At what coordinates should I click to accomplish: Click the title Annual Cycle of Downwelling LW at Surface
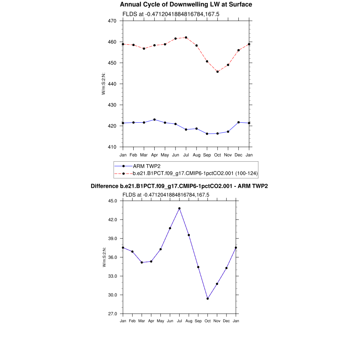(x=186, y=5)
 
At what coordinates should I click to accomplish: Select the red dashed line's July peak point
(x=186, y=37)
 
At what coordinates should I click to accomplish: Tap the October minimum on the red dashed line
(x=218, y=72)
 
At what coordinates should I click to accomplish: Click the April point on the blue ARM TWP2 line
(x=154, y=120)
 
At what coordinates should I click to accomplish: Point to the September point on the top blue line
(x=207, y=134)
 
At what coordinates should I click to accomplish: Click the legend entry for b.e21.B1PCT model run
(x=195, y=173)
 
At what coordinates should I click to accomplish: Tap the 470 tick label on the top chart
(x=113, y=21)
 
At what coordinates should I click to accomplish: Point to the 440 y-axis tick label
(x=113, y=84)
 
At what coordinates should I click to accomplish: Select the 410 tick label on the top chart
(x=113, y=147)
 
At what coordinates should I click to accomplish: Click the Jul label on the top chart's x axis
(x=186, y=155)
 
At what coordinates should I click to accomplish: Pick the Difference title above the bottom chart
(x=179, y=186)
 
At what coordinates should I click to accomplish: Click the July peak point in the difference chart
(x=179, y=208)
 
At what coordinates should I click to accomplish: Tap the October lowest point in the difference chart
(x=208, y=298)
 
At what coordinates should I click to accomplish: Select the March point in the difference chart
(x=142, y=262)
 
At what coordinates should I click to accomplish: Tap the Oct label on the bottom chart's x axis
(x=208, y=321)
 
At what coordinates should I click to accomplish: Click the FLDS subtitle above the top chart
(x=171, y=14)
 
